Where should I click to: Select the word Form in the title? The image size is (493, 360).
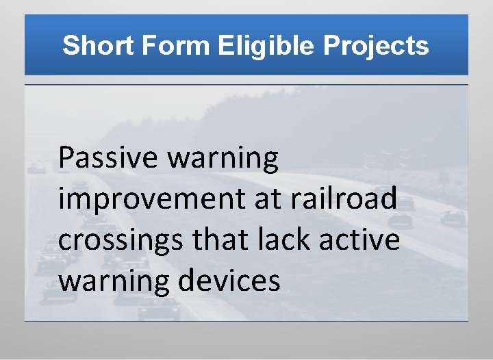point(177,46)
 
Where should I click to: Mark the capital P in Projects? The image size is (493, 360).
point(331,46)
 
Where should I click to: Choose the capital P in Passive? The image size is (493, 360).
point(66,159)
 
